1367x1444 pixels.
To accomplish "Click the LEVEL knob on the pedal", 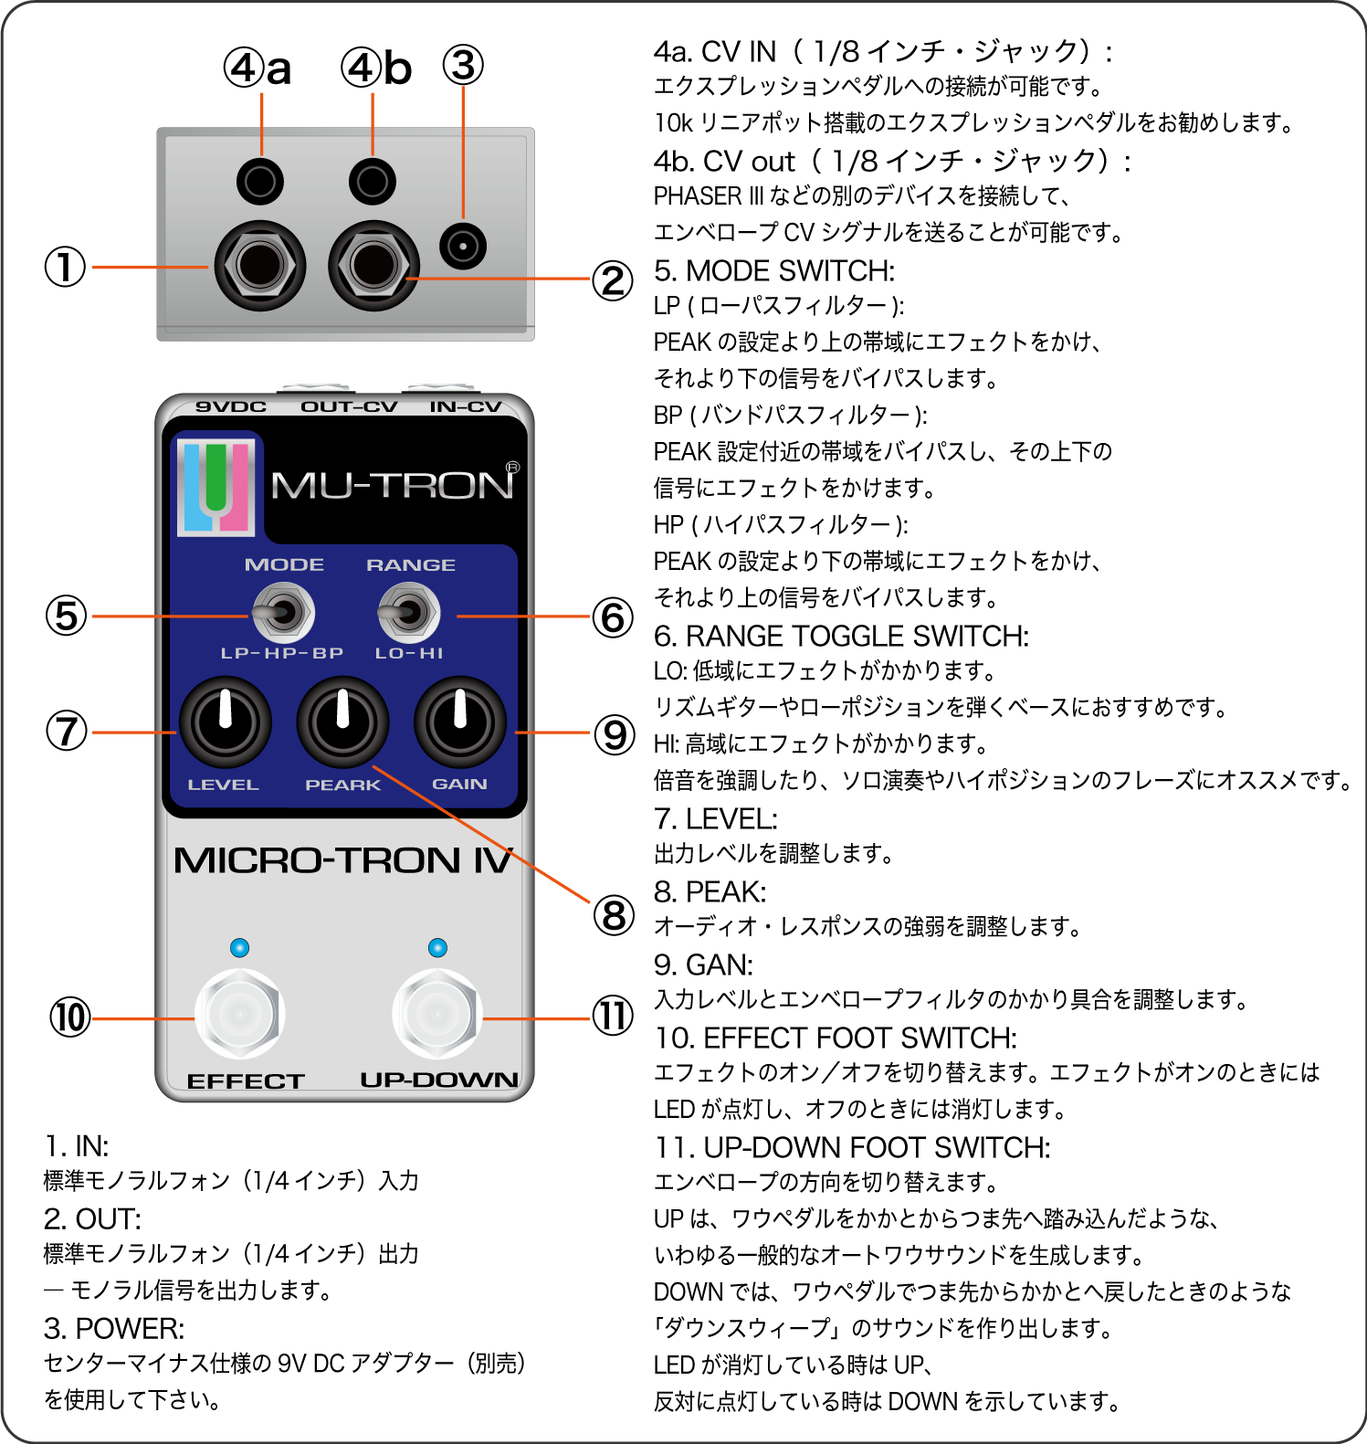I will [225, 722].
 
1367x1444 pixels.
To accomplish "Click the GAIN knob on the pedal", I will [459, 722].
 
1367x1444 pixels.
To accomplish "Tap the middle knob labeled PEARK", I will [342, 722].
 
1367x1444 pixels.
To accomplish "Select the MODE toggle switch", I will [283, 612].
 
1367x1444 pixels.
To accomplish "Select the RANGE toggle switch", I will [409, 612].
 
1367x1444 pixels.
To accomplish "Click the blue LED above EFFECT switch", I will [239, 947].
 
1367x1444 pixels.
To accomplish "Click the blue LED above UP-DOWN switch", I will [437, 947].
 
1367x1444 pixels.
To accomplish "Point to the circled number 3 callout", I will [463, 66].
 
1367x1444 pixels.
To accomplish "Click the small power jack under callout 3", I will [463, 246].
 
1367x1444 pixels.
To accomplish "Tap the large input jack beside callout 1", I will [259, 266].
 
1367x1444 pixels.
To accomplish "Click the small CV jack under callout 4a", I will [259, 181].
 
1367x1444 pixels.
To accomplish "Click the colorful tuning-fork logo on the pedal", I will [216, 487].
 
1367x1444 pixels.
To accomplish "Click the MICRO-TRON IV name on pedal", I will [342, 860].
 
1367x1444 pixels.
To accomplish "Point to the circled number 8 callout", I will [614, 915].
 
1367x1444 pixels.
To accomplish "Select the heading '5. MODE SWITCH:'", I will [773, 271].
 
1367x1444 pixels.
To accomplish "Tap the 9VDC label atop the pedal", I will [231, 406].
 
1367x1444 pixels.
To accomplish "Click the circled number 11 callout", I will [613, 1016].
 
